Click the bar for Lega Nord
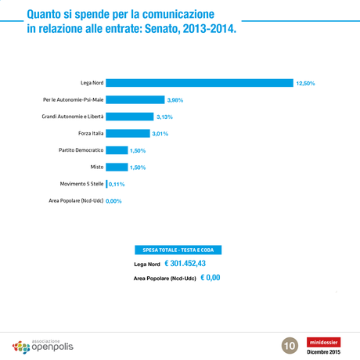pos(199,83)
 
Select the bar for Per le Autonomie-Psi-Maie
pos(135,99)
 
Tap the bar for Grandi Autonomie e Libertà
pos(129,117)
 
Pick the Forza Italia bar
pos(128,134)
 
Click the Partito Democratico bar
pos(117,150)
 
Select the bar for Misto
pos(117,167)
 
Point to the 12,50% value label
pos(305,83)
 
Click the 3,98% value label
pos(175,100)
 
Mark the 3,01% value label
pos(160,134)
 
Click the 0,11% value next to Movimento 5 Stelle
pos(117,184)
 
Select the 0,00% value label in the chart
pos(113,201)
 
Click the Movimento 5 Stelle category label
pos(81,184)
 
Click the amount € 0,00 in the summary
pos(210,277)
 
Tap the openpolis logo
pos(43,344)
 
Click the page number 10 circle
pos(289,344)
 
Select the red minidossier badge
pos(324,341)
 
